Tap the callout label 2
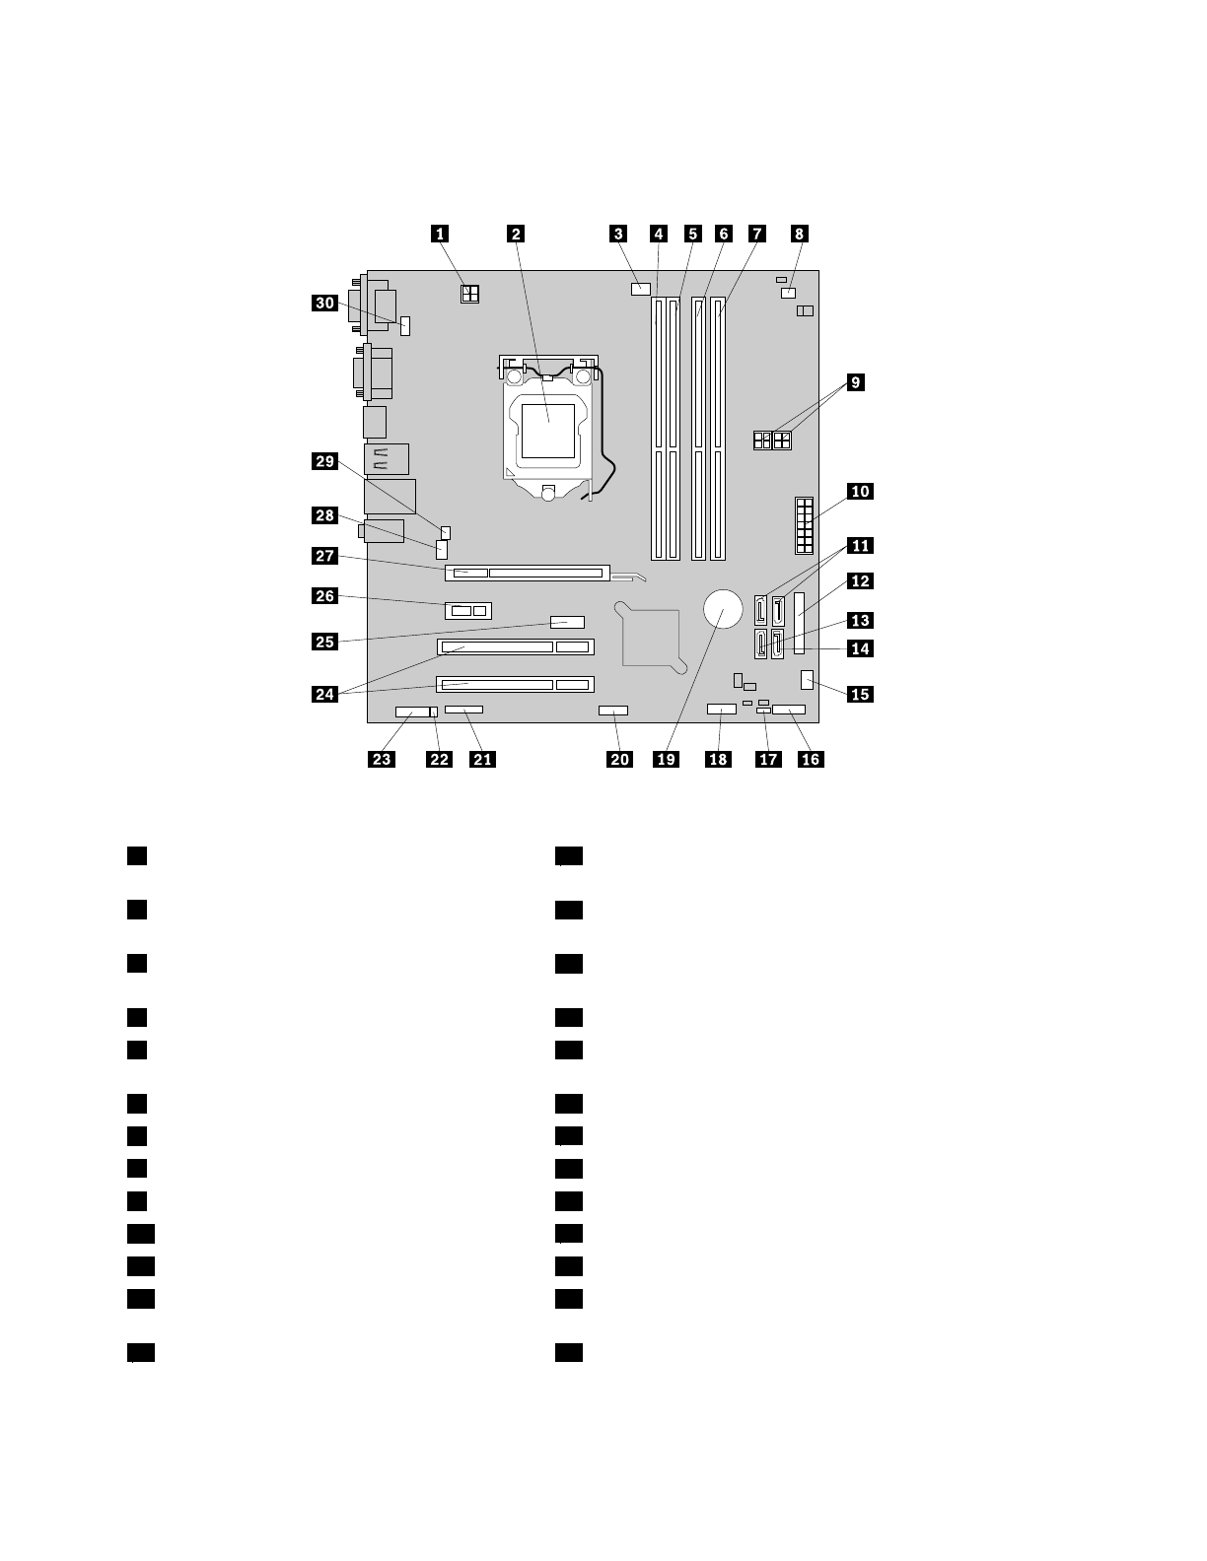[516, 234]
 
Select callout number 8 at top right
[800, 234]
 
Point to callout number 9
[854, 382]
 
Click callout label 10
[860, 491]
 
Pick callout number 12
[860, 581]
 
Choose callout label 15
[860, 694]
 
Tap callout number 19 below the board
[667, 759]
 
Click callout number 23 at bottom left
[382, 759]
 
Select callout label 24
[324, 694]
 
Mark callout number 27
[324, 557]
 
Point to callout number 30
[324, 303]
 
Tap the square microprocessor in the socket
[548, 431]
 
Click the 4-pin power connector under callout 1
[469, 293]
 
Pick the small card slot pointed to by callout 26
[468, 611]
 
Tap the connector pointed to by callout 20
[612, 710]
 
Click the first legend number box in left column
[136, 855]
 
